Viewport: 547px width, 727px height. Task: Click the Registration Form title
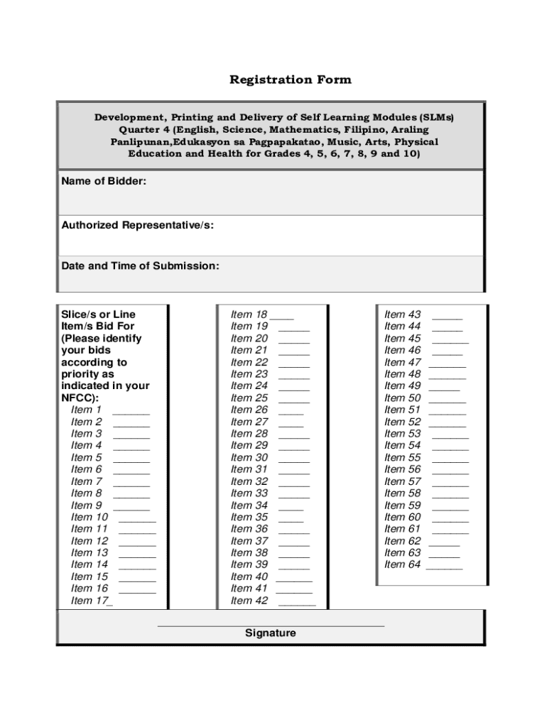290,80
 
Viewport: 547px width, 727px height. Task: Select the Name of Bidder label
104,182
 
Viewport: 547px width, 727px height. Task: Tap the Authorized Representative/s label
137,226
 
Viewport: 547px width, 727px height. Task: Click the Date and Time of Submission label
140,266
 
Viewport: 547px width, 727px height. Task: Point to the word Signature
270,633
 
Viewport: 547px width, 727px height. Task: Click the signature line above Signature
270,625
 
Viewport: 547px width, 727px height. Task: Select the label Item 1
87,410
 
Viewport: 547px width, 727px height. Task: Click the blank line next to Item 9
131,508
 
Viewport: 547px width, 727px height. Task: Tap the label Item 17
90,601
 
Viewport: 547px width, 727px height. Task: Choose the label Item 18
249,315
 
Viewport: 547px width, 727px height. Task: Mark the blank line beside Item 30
294,461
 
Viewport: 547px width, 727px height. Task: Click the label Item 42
249,601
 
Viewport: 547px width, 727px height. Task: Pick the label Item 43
403,315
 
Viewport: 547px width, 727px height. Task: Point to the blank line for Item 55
450,461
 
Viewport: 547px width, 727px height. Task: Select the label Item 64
403,564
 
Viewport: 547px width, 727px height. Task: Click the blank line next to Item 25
294,401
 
